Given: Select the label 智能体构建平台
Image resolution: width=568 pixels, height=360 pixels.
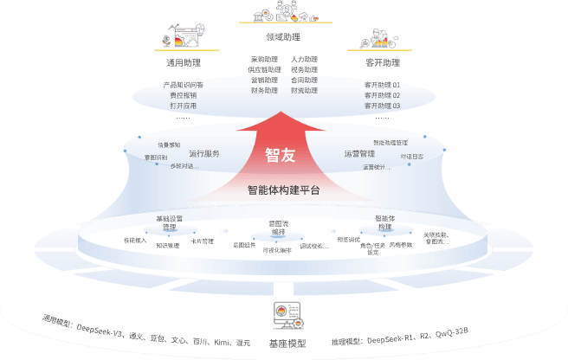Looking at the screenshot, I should [x=284, y=190].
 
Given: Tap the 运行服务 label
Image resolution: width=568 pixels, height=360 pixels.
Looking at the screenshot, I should [x=203, y=154].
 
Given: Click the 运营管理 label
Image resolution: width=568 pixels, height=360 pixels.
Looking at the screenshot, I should [x=359, y=154].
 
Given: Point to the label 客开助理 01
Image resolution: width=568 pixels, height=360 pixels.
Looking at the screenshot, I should [x=382, y=85].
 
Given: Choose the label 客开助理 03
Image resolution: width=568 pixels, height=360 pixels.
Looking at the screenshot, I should [x=382, y=105].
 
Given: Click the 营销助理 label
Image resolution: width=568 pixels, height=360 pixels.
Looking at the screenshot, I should [x=264, y=80].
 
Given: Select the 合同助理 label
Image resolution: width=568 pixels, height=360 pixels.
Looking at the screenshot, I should [x=304, y=80].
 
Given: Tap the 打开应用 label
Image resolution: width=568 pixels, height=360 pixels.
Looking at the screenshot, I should [x=184, y=105].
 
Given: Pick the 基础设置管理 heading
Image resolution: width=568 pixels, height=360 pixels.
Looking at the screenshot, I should [x=170, y=222].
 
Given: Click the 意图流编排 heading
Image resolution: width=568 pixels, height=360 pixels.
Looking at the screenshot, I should [x=278, y=228].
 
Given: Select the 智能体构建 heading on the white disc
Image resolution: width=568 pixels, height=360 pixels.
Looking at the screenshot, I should [x=384, y=222].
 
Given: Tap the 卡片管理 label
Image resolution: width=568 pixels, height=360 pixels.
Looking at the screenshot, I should [x=202, y=241].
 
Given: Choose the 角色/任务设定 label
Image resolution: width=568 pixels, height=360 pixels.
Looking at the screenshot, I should [x=373, y=248].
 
